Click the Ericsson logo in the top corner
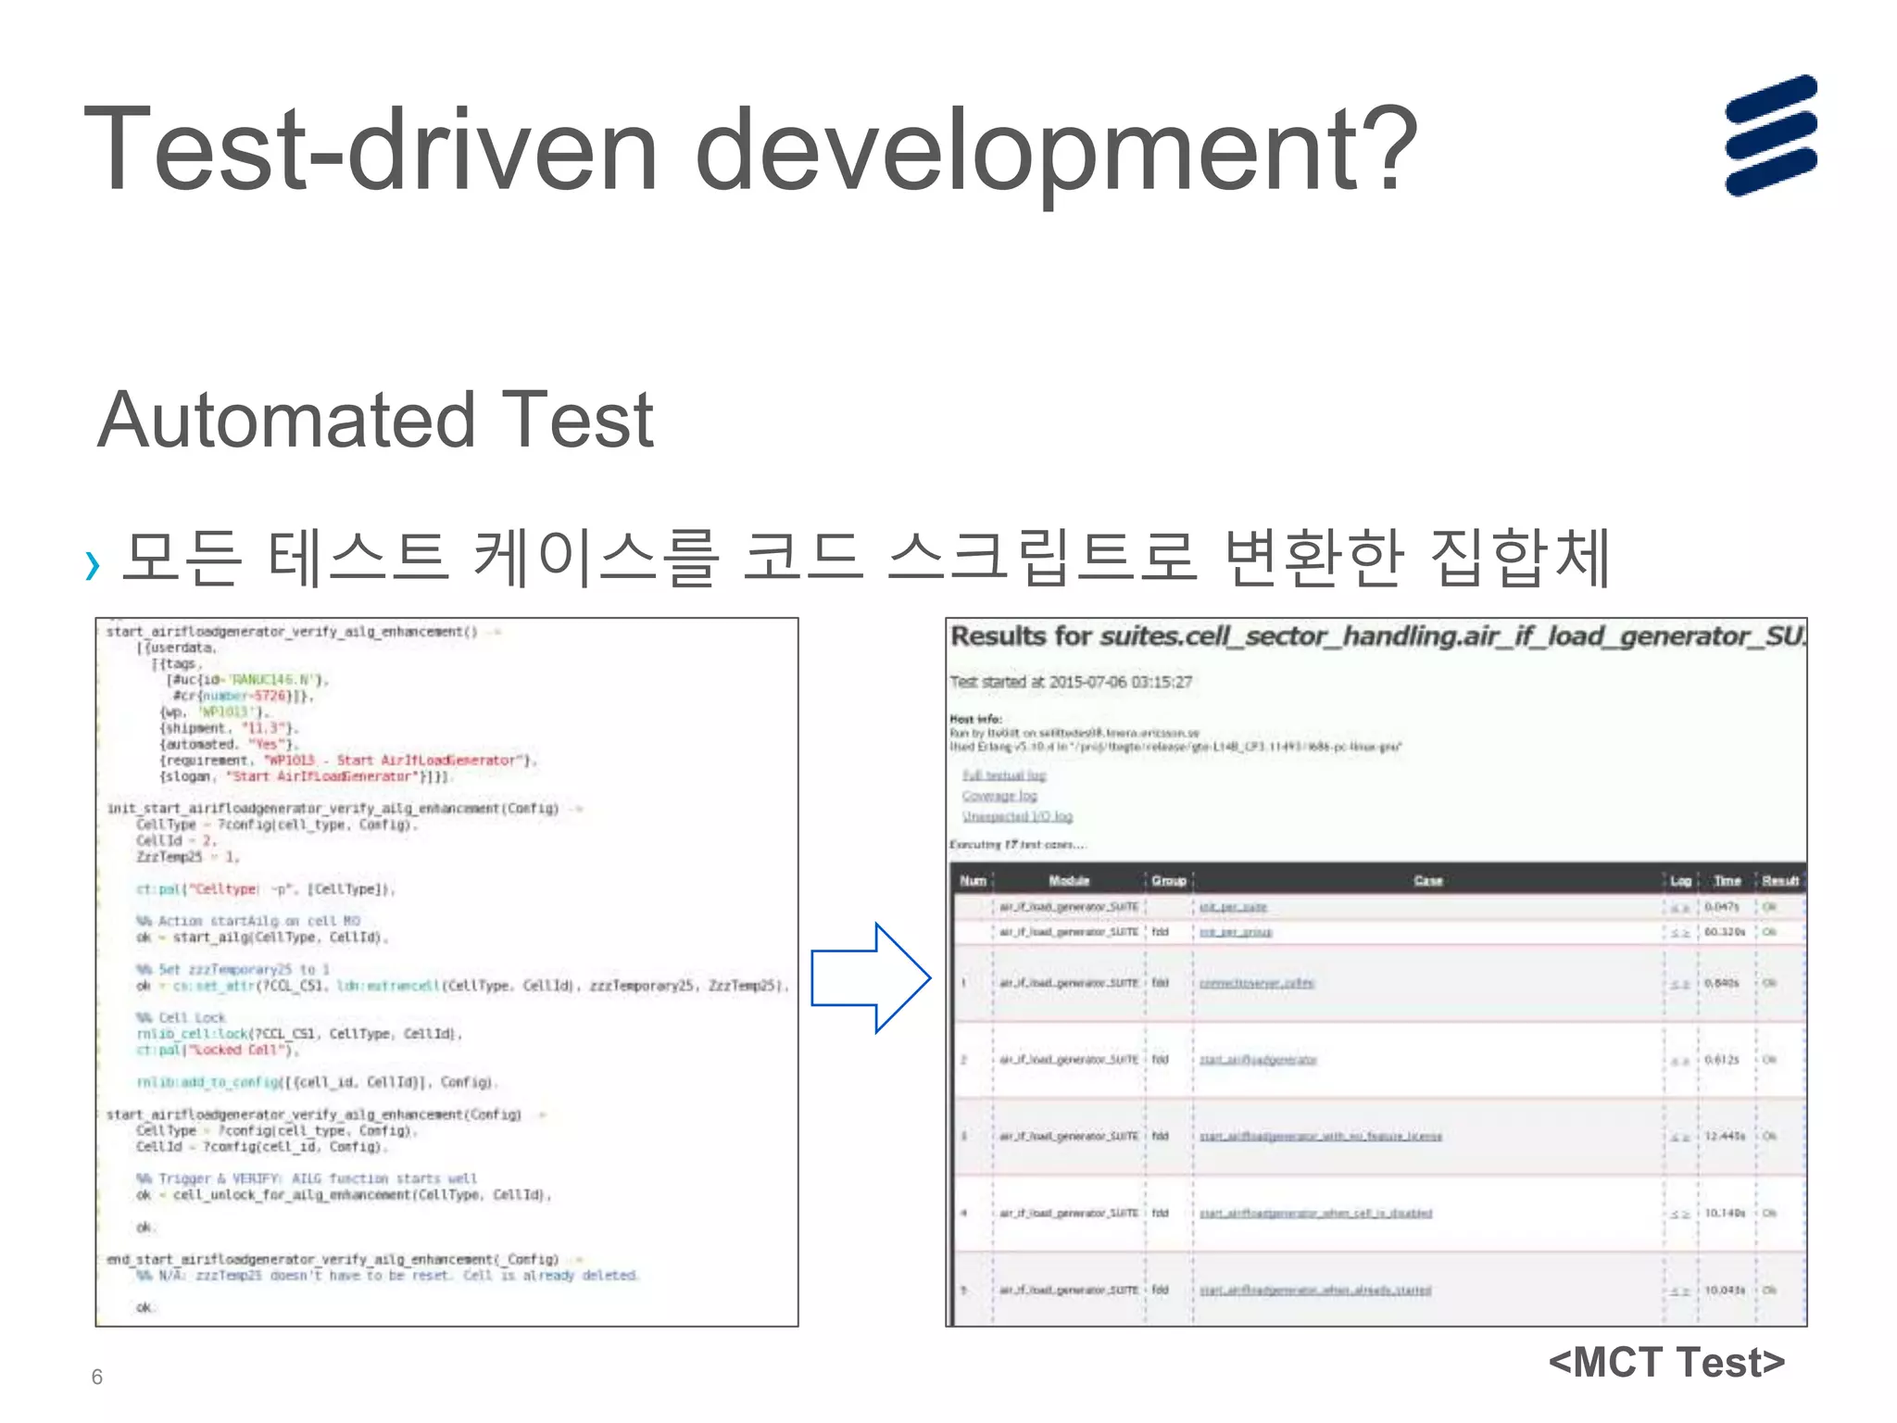(1770, 135)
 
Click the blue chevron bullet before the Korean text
(92, 564)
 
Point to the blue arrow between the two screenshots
(871, 977)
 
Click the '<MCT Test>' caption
(1666, 1362)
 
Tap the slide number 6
(97, 1377)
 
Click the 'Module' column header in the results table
(1069, 880)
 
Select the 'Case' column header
(1427, 880)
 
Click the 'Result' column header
(1779, 880)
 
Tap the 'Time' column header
(1727, 880)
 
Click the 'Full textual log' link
(1004, 774)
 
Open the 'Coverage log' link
(999, 796)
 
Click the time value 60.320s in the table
(1725, 932)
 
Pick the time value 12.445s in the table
(1725, 1136)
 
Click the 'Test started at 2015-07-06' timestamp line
(1071, 682)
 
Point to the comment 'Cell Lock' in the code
(191, 1017)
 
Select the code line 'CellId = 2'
(175, 841)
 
